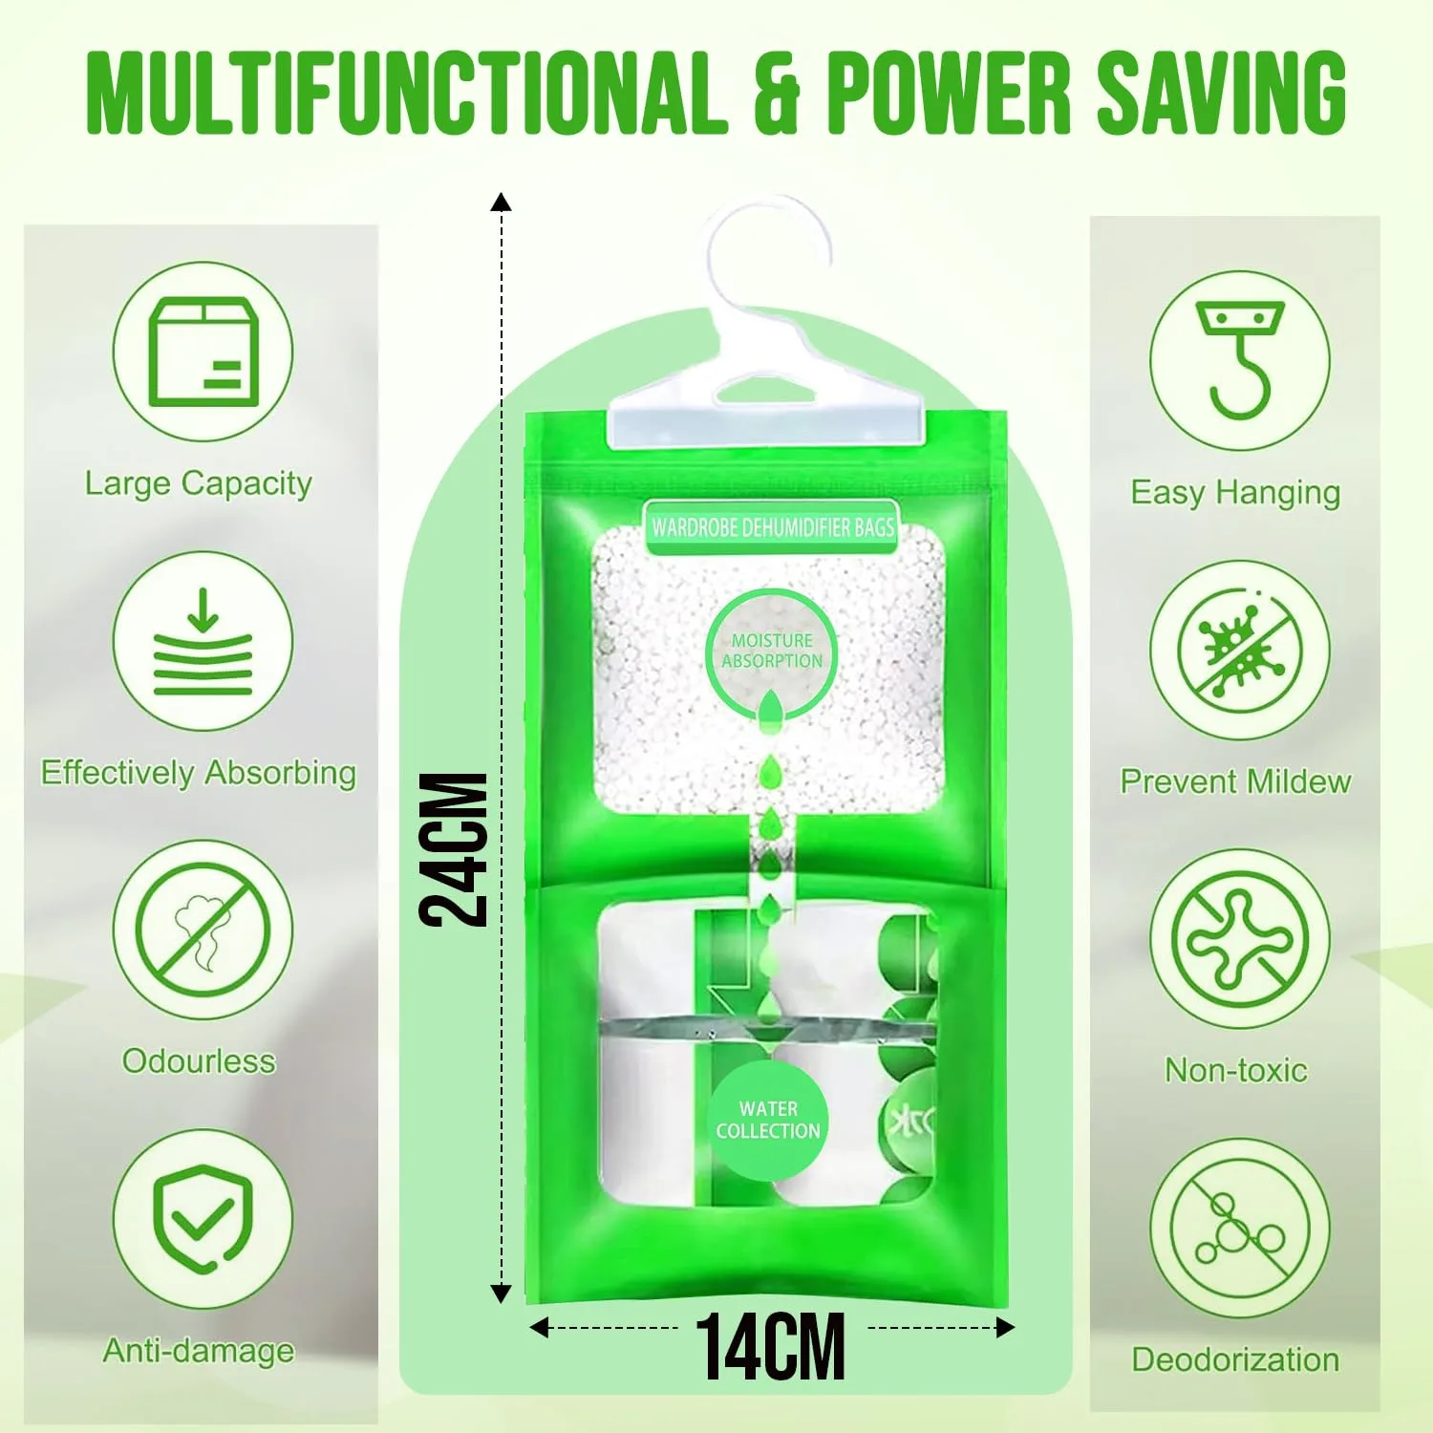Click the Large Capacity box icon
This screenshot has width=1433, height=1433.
[x=203, y=352]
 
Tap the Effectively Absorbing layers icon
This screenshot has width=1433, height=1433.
[x=203, y=641]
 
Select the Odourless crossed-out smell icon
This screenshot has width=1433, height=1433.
[x=203, y=930]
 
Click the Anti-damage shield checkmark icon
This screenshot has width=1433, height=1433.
[x=203, y=1219]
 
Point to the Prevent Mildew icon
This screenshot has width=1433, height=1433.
[x=1240, y=651]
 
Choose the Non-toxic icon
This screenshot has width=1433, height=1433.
[x=1240, y=939]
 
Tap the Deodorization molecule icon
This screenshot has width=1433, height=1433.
[x=1240, y=1229]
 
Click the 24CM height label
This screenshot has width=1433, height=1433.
[x=454, y=849]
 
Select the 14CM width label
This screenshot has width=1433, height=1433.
[x=770, y=1347]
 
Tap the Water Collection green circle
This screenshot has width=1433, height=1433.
[x=768, y=1121]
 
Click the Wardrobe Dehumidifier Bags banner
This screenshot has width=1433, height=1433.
[x=772, y=527]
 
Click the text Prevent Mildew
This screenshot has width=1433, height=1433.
[x=1236, y=781]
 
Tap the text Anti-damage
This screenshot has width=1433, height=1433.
[x=199, y=1351]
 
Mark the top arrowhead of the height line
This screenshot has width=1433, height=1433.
[x=501, y=202]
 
